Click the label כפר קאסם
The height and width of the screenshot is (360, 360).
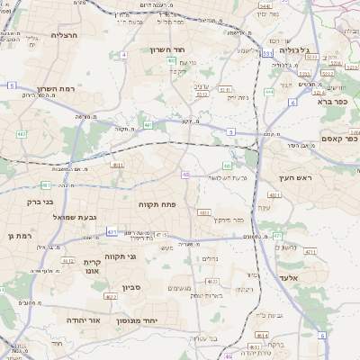[339, 139]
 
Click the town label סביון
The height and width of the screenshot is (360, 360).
[132, 290]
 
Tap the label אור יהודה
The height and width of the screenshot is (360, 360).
[83, 319]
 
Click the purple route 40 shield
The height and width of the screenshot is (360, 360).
[185, 175]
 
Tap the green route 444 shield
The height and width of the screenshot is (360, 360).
[269, 92]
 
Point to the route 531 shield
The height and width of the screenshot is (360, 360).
[268, 53]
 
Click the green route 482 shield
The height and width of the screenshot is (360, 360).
[21, 134]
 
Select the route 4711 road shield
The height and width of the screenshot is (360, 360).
[310, 252]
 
